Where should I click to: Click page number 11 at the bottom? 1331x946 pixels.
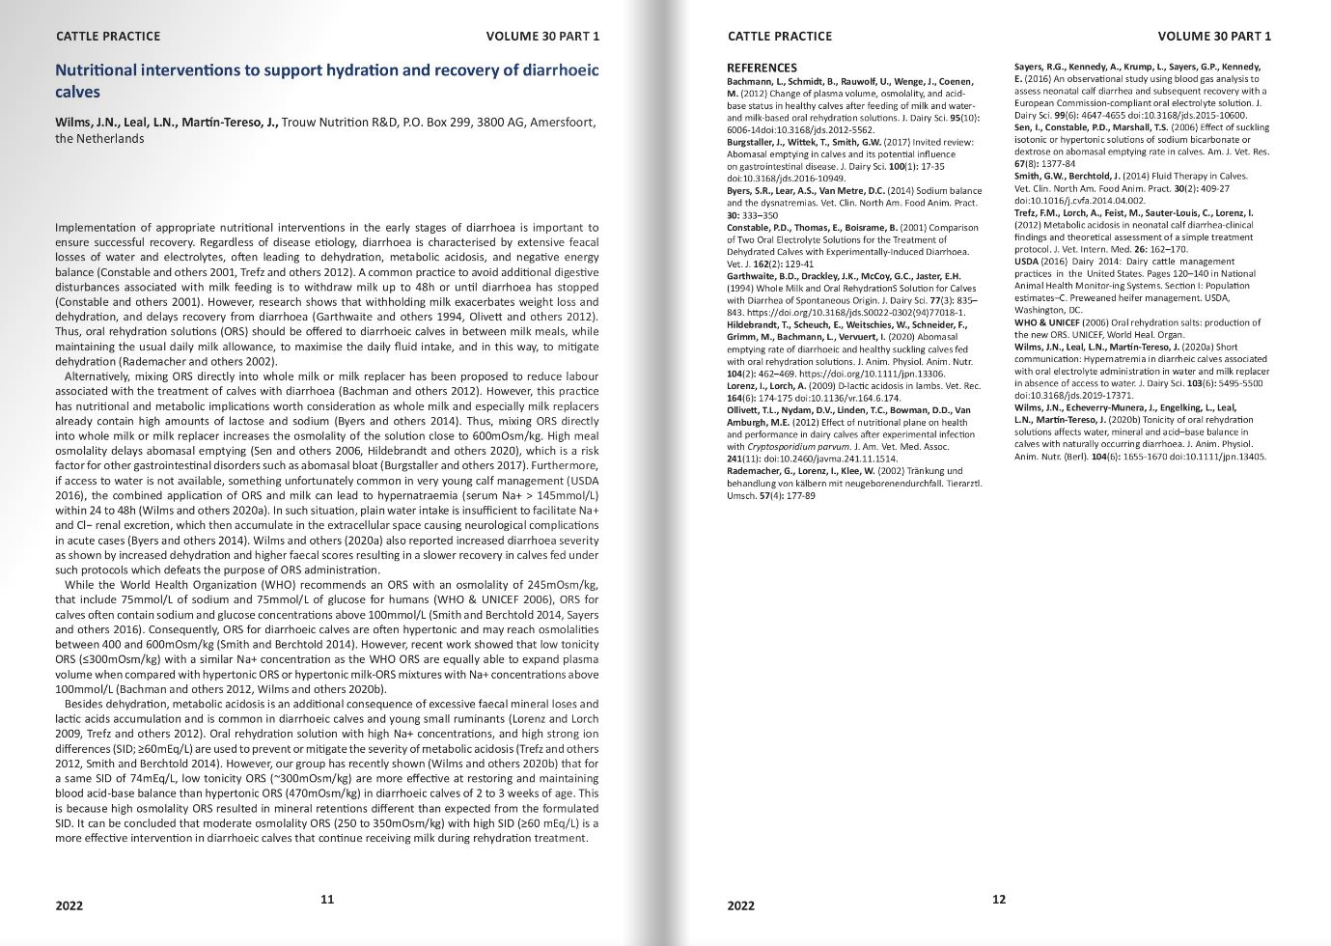(x=327, y=899)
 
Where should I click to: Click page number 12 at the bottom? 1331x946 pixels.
(x=999, y=899)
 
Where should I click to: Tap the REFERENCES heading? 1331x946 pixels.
(x=762, y=68)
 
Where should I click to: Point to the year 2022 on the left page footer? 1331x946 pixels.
(x=69, y=905)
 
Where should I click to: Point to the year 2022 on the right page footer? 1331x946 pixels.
(x=741, y=905)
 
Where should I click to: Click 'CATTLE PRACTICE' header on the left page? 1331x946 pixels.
(x=108, y=37)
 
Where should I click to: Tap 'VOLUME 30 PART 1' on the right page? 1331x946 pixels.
(x=1214, y=37)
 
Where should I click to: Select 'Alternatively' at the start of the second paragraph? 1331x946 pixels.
(x=102, y=376)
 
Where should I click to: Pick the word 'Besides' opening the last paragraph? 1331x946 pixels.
(x=84, y=704)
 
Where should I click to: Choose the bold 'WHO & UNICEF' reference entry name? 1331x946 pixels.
(x=1046, y=322)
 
